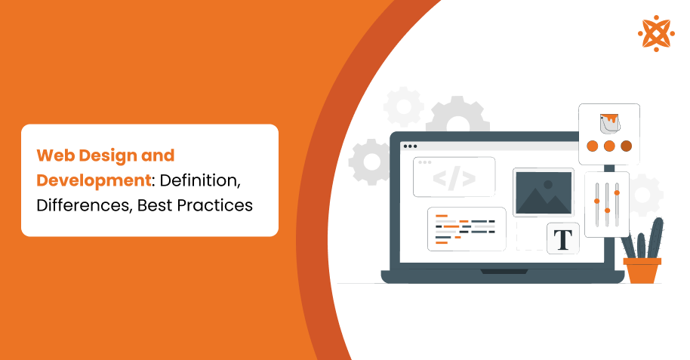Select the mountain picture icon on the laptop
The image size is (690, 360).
pos(543,192)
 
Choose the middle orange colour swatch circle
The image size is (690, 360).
pos(608,146)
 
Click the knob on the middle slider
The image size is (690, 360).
pos(607,210)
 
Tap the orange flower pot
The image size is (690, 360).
pos(642,270)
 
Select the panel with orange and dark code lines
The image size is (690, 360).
pos(466,229)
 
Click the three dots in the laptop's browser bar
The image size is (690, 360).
pos(409,146)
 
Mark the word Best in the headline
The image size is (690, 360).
pos(154,205)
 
